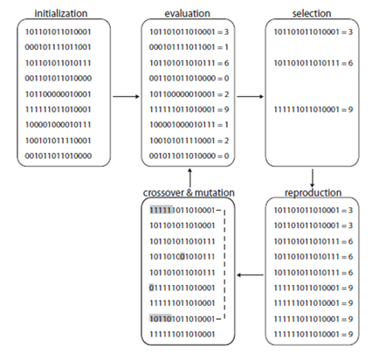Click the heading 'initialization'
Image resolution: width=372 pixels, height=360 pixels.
point(61,13)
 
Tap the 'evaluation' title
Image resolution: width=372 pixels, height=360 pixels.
point(188,13)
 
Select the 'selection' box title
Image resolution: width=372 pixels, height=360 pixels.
point(312,13)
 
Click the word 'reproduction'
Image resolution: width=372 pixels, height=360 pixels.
point(313,192)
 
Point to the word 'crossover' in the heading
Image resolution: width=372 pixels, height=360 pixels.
point(164,192)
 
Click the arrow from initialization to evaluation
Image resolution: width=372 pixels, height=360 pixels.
point(127,96)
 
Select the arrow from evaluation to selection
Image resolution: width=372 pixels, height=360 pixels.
point(251,96)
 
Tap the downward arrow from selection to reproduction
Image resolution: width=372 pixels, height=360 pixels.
point(313,178)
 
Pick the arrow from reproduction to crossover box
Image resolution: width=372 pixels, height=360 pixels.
point(251,274)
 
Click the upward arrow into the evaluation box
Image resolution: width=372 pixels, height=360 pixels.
point(189,178)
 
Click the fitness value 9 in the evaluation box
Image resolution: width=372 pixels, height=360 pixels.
point(226,109)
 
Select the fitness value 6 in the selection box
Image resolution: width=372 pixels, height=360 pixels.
point(350,63)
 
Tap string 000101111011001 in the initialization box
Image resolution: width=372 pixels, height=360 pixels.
point(58,47)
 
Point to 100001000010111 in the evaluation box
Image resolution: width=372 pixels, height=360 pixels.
point(182,125)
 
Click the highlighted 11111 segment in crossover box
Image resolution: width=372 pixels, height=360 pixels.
point(162,210)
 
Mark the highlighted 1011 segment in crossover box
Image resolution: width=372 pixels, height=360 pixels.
point(161,318)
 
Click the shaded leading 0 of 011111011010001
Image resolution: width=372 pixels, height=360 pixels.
point(151,287)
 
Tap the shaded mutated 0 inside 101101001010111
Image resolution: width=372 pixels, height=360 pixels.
point(183,257)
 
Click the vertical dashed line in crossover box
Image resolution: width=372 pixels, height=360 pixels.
point(224,264)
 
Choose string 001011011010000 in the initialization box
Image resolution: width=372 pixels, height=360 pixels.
point(58,156)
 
